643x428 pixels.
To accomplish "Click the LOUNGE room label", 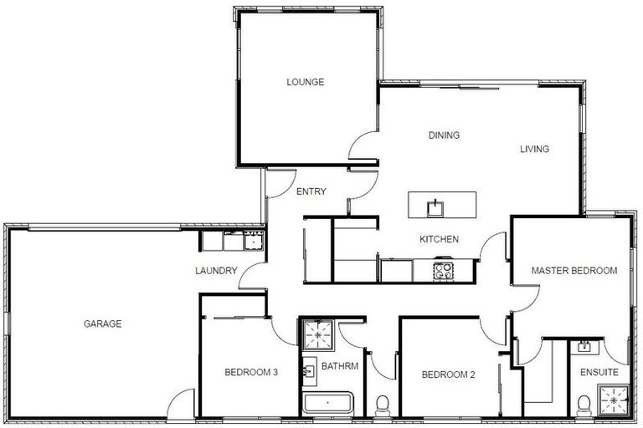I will click(305, 82).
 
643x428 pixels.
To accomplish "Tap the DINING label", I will click(445, 135).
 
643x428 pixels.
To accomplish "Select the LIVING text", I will click(534, 150).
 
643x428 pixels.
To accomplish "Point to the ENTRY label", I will click(311, 191).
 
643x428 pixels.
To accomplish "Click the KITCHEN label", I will click(439, 240).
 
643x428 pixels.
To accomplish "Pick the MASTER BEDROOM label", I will click(575, 271).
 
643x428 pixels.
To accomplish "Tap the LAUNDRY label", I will click(216, 271).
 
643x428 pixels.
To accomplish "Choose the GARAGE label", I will click(102, 324).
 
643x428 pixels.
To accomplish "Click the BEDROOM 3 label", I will click(251, 373).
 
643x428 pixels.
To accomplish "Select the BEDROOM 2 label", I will click(448, 374).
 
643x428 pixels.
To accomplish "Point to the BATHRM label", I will click(339, 366).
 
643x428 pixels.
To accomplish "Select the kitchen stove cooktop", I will click(444, 270).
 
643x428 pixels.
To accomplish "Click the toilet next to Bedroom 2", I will click(383, 406).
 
